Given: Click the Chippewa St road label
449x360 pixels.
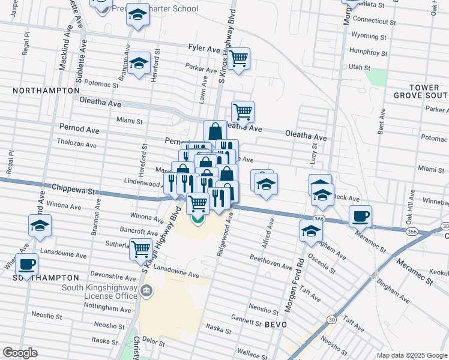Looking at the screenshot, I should pos(74,188).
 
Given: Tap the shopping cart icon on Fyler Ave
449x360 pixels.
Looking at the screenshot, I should pos(239,59).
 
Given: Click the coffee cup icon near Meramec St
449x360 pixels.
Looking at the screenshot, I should pos(360,216).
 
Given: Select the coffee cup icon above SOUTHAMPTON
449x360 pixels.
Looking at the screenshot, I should pos(26,264).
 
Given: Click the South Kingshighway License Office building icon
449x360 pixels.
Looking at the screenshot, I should pos(146,292).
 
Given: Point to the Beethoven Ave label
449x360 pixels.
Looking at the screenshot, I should pos(271,262).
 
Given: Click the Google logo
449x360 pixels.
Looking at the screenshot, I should pos(20,353).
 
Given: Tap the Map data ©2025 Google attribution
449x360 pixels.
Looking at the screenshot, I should pos(411,355).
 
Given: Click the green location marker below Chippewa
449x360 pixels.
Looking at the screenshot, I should pos(197,219).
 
